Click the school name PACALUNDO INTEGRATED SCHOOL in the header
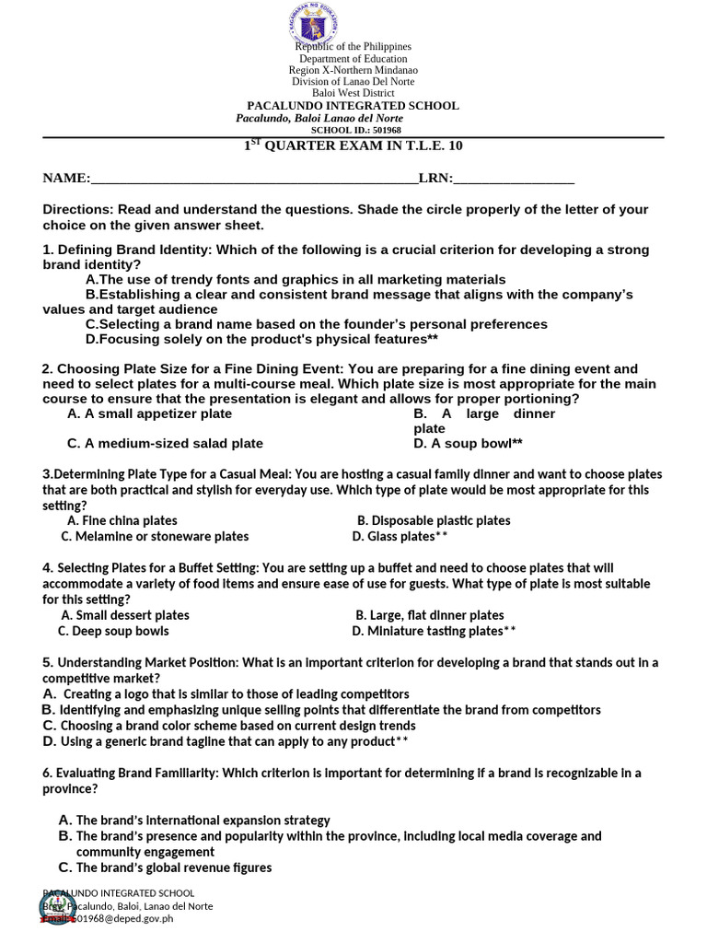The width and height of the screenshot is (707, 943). (x=353, y=106)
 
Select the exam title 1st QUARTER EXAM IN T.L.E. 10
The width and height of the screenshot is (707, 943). (x=353, y=146)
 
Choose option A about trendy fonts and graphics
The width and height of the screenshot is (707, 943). (x=296, y=280)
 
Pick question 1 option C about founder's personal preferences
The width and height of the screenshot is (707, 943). (x=316, y=324)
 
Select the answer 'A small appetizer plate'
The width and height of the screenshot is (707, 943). (x=150, y=414)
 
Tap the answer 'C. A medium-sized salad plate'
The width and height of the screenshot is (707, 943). (x=165, y=444)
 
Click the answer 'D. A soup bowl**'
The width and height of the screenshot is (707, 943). (x=469, y=444)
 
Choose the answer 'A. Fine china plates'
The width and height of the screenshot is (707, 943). (x=122, y=521)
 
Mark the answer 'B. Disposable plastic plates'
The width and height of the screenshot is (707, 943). (x=434, y=521)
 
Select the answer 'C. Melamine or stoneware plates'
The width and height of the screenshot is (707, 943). (x=155, y=537)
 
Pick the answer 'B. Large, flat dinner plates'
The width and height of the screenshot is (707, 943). (x=430, y=615)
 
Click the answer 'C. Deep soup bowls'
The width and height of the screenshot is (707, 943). (x=113, y=632)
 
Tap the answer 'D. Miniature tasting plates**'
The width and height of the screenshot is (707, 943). (x=434, y=632)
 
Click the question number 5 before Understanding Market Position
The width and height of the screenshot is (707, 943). (x=46, y=663)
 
